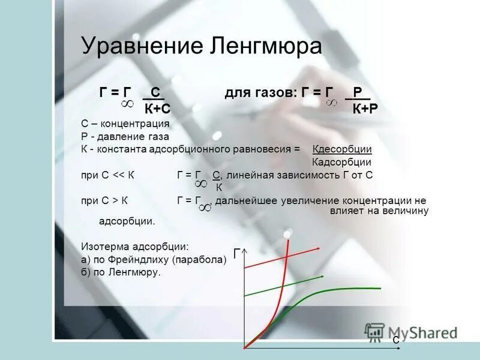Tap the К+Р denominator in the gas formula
(x=365, y=108)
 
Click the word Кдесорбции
(x=342, y=149)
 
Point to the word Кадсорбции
(x=341, y=162)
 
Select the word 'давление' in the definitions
(x=120, y=136)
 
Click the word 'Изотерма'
(x=103, y=246)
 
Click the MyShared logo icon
(x=374, y=332)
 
